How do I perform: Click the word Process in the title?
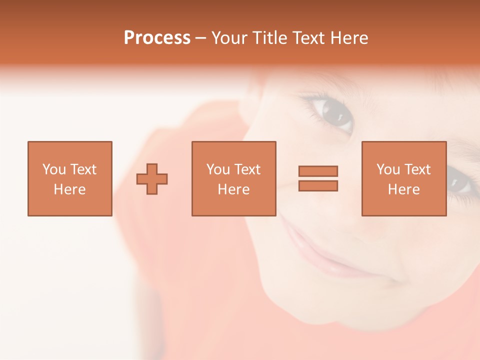pyautogui.click(x=157, y=37)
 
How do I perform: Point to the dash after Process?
pyautogui.click(x=200, y=38)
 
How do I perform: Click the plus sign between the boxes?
pyautogui.click(x=152, y=178)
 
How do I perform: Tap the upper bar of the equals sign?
pyautogui.click(x=318, y=171)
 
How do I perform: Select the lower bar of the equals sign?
pyautogui.click(x=318, y=185)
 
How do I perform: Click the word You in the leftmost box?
pyautogui.click(x=54, y=169)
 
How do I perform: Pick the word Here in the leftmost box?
pyautogui.click(x=69, y=189)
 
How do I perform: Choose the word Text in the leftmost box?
pyautogui.click(x=83, y=169)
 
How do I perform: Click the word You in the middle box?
pyautogui.click(x=218, y=169)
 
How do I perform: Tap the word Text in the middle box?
pyautogui.click(x=247, y=169)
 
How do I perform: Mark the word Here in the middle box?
pyautogui.click(x=233, y=189)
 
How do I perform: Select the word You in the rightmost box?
pyautogui.click(x=388, y=169)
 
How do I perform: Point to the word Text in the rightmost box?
pyautogui.click(x=417, y=169)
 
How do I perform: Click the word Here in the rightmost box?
pyautogui.click(x=403, y=189)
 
